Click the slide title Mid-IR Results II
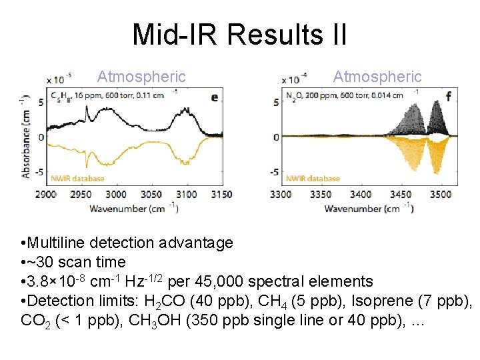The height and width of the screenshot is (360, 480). tap(239, 34)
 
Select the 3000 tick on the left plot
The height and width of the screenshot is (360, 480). tap(116, 194)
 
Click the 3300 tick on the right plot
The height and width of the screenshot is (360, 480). tap(280, 194)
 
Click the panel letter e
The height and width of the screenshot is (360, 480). tap(214, 97)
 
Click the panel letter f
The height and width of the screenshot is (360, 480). tap(448, 97)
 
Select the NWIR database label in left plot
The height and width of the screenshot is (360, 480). tap(77, 178)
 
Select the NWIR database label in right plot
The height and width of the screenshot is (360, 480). tap(313, 178)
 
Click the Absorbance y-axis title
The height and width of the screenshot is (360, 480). tap(26, 137)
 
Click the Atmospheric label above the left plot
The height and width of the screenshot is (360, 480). tap(141, 77)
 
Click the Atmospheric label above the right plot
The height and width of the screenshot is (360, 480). tap(377, 77)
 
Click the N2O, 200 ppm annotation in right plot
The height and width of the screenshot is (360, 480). tap(311, 95)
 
